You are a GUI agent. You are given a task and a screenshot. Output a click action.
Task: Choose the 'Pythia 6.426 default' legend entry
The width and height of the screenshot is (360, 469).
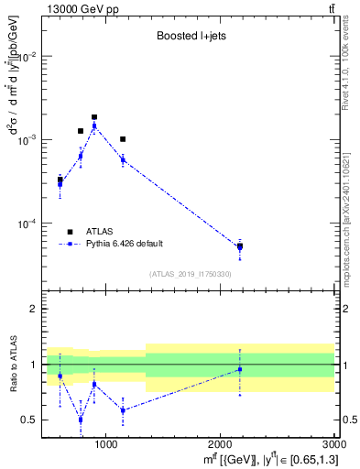[124, 244]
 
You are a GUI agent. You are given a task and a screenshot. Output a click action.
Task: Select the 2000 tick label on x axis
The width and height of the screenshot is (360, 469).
[220, 444]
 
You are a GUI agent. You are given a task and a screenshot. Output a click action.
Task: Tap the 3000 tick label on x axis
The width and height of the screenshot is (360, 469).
[333, 444]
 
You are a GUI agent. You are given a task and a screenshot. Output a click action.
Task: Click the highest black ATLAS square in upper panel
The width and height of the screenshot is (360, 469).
[94, 117]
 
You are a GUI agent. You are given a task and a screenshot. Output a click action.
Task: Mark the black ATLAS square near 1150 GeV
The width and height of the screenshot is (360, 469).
[123, 139]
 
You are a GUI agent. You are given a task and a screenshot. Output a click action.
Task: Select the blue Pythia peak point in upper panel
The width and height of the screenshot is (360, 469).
[94, 126]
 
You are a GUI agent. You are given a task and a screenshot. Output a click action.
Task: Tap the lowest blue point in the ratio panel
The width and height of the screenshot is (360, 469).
[81, 420]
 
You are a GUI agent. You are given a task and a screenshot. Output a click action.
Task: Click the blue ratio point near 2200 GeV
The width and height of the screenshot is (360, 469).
[240, 369]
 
